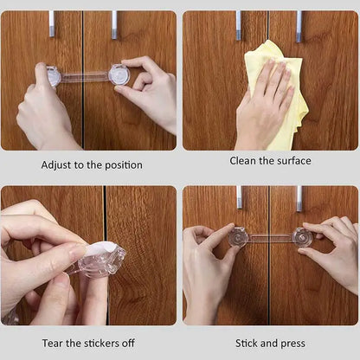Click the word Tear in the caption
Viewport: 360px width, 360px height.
(x=53, y=344)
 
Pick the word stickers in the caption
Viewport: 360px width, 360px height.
(x=101, y=344)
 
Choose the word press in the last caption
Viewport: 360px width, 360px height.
(x=292, y=344)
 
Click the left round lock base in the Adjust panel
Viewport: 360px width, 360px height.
(x=53, y=76)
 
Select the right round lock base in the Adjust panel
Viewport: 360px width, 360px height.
(x=119, y=74)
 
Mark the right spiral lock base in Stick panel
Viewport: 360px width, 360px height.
(x=302, y=237)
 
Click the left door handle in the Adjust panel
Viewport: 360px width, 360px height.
(x=52, y=24)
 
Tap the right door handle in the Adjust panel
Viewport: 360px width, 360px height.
(x=114, y=25)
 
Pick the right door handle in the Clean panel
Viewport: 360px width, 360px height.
(x=299, y=27)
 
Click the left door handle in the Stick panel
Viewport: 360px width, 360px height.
(x=240, y=197)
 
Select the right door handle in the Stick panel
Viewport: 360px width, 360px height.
(x=299, y=199)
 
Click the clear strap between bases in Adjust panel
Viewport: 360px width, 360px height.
(x=85, y=76)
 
